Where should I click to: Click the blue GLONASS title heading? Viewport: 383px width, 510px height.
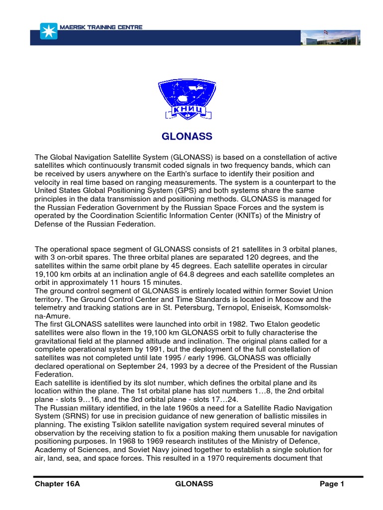(187, 136)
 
